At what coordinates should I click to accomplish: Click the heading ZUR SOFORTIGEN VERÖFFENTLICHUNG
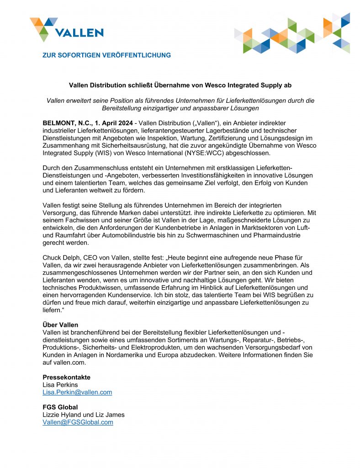[106, 55]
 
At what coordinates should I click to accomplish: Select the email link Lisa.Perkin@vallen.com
[77, 392]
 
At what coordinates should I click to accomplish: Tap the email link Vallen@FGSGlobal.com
[78, 422]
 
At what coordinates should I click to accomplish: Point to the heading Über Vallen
[60, 325]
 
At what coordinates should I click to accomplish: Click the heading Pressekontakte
[66, 377]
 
